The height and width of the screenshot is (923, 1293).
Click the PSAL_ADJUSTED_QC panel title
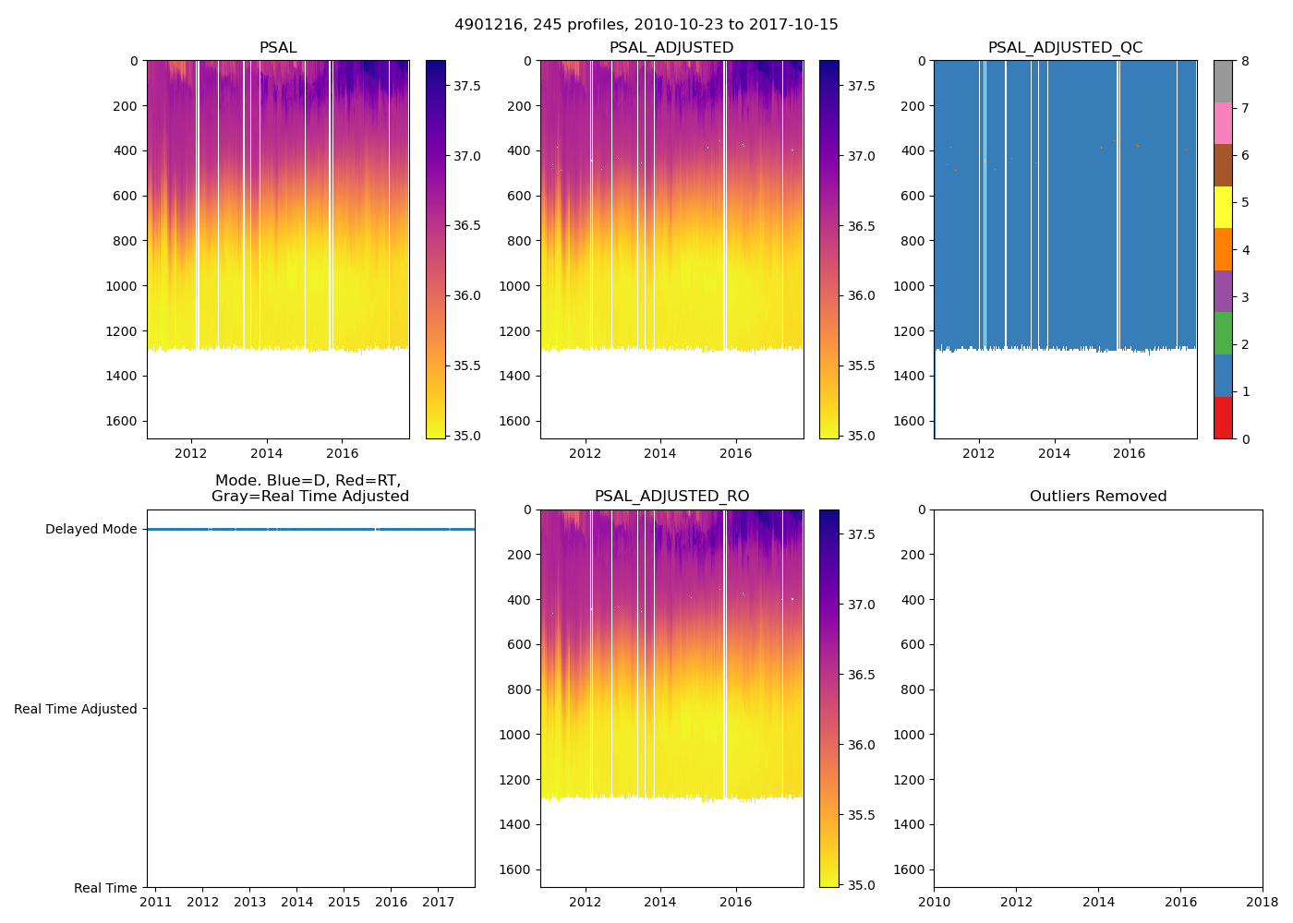click(1065, 48)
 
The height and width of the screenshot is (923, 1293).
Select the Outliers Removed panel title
click(1098, 497)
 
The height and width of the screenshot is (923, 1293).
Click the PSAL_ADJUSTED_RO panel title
click(671, 497)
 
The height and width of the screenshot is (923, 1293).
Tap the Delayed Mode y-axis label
click(91, 530)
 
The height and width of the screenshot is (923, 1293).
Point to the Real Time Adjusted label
click(76, 709)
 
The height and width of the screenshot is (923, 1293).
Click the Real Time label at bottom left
click(105, 888)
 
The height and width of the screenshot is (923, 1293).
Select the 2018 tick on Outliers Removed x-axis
click(1263, 902)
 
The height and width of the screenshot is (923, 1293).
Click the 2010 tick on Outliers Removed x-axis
click(934, 902)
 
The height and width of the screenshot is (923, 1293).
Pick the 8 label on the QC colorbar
click(1245, 61)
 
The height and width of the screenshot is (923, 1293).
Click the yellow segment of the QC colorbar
click(1223, 208)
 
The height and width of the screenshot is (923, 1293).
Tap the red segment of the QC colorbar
click(1223, 417)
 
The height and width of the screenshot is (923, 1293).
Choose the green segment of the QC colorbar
click(1223, 333)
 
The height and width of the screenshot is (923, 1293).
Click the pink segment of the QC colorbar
click(1223, 124)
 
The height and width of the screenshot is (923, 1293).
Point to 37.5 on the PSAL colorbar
click(466, 86)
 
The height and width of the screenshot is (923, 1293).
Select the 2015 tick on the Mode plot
click(344, 902)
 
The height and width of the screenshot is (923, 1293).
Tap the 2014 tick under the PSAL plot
click(267, 453)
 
